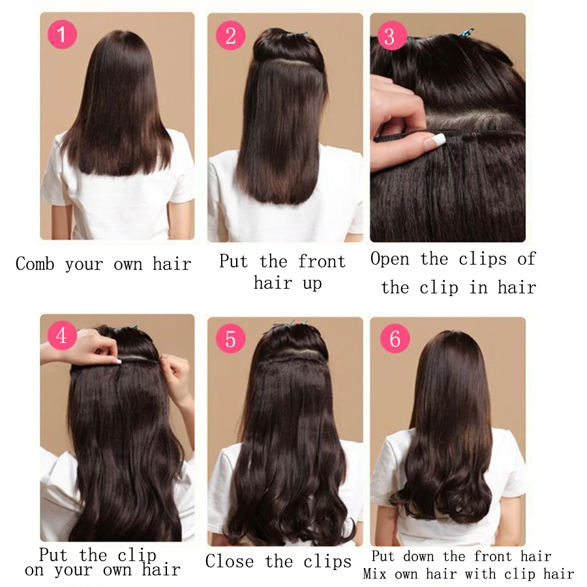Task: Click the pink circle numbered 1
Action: click(62, 35)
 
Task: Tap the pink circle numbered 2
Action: click(230, 37)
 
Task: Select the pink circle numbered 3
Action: click(389, 37)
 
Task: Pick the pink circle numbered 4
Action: click(62, 337)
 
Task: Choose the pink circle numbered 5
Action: click(230, 339)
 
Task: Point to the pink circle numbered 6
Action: click(395, 339)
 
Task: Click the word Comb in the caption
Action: click(35, 264)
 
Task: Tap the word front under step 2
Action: click(322, 262)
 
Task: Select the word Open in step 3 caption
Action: click(391, 260)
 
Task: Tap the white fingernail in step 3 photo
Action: click(435, 139)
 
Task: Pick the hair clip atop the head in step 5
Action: click(286, 324)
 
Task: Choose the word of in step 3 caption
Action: click(526, 259)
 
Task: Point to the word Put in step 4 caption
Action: click(53, 556)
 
